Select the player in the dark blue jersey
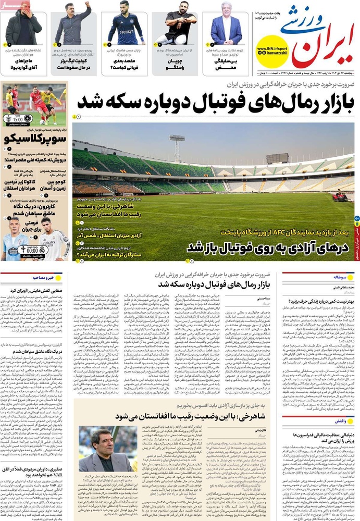coord(125,26)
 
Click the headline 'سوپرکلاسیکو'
coord(34,139)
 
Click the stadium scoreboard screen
coord(277,158)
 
